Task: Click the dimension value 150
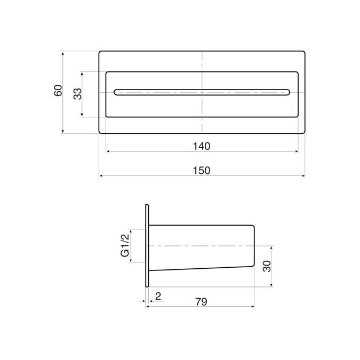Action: point(202,171)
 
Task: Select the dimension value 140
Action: point(202,146)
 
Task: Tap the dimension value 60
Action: point(58,90)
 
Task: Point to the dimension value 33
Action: point(77,94)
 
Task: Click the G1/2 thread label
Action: point(125,246)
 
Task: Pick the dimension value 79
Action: point(201,302)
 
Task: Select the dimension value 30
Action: point(267,266)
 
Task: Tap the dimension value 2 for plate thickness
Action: point(158,295)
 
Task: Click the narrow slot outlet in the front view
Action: point(202,92)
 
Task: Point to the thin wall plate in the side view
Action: point(146,246)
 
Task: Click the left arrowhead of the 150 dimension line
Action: point(101,175)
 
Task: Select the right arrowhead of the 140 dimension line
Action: point(297,151)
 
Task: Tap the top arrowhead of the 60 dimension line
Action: point(63,53)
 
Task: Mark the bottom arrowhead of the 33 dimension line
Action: point(83,115)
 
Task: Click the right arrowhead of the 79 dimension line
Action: point(253,307)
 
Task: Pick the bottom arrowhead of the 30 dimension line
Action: point(272,285)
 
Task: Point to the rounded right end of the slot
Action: point(288,92)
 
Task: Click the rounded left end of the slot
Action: point(116,92)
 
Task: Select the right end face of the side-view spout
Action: point(254,246)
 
